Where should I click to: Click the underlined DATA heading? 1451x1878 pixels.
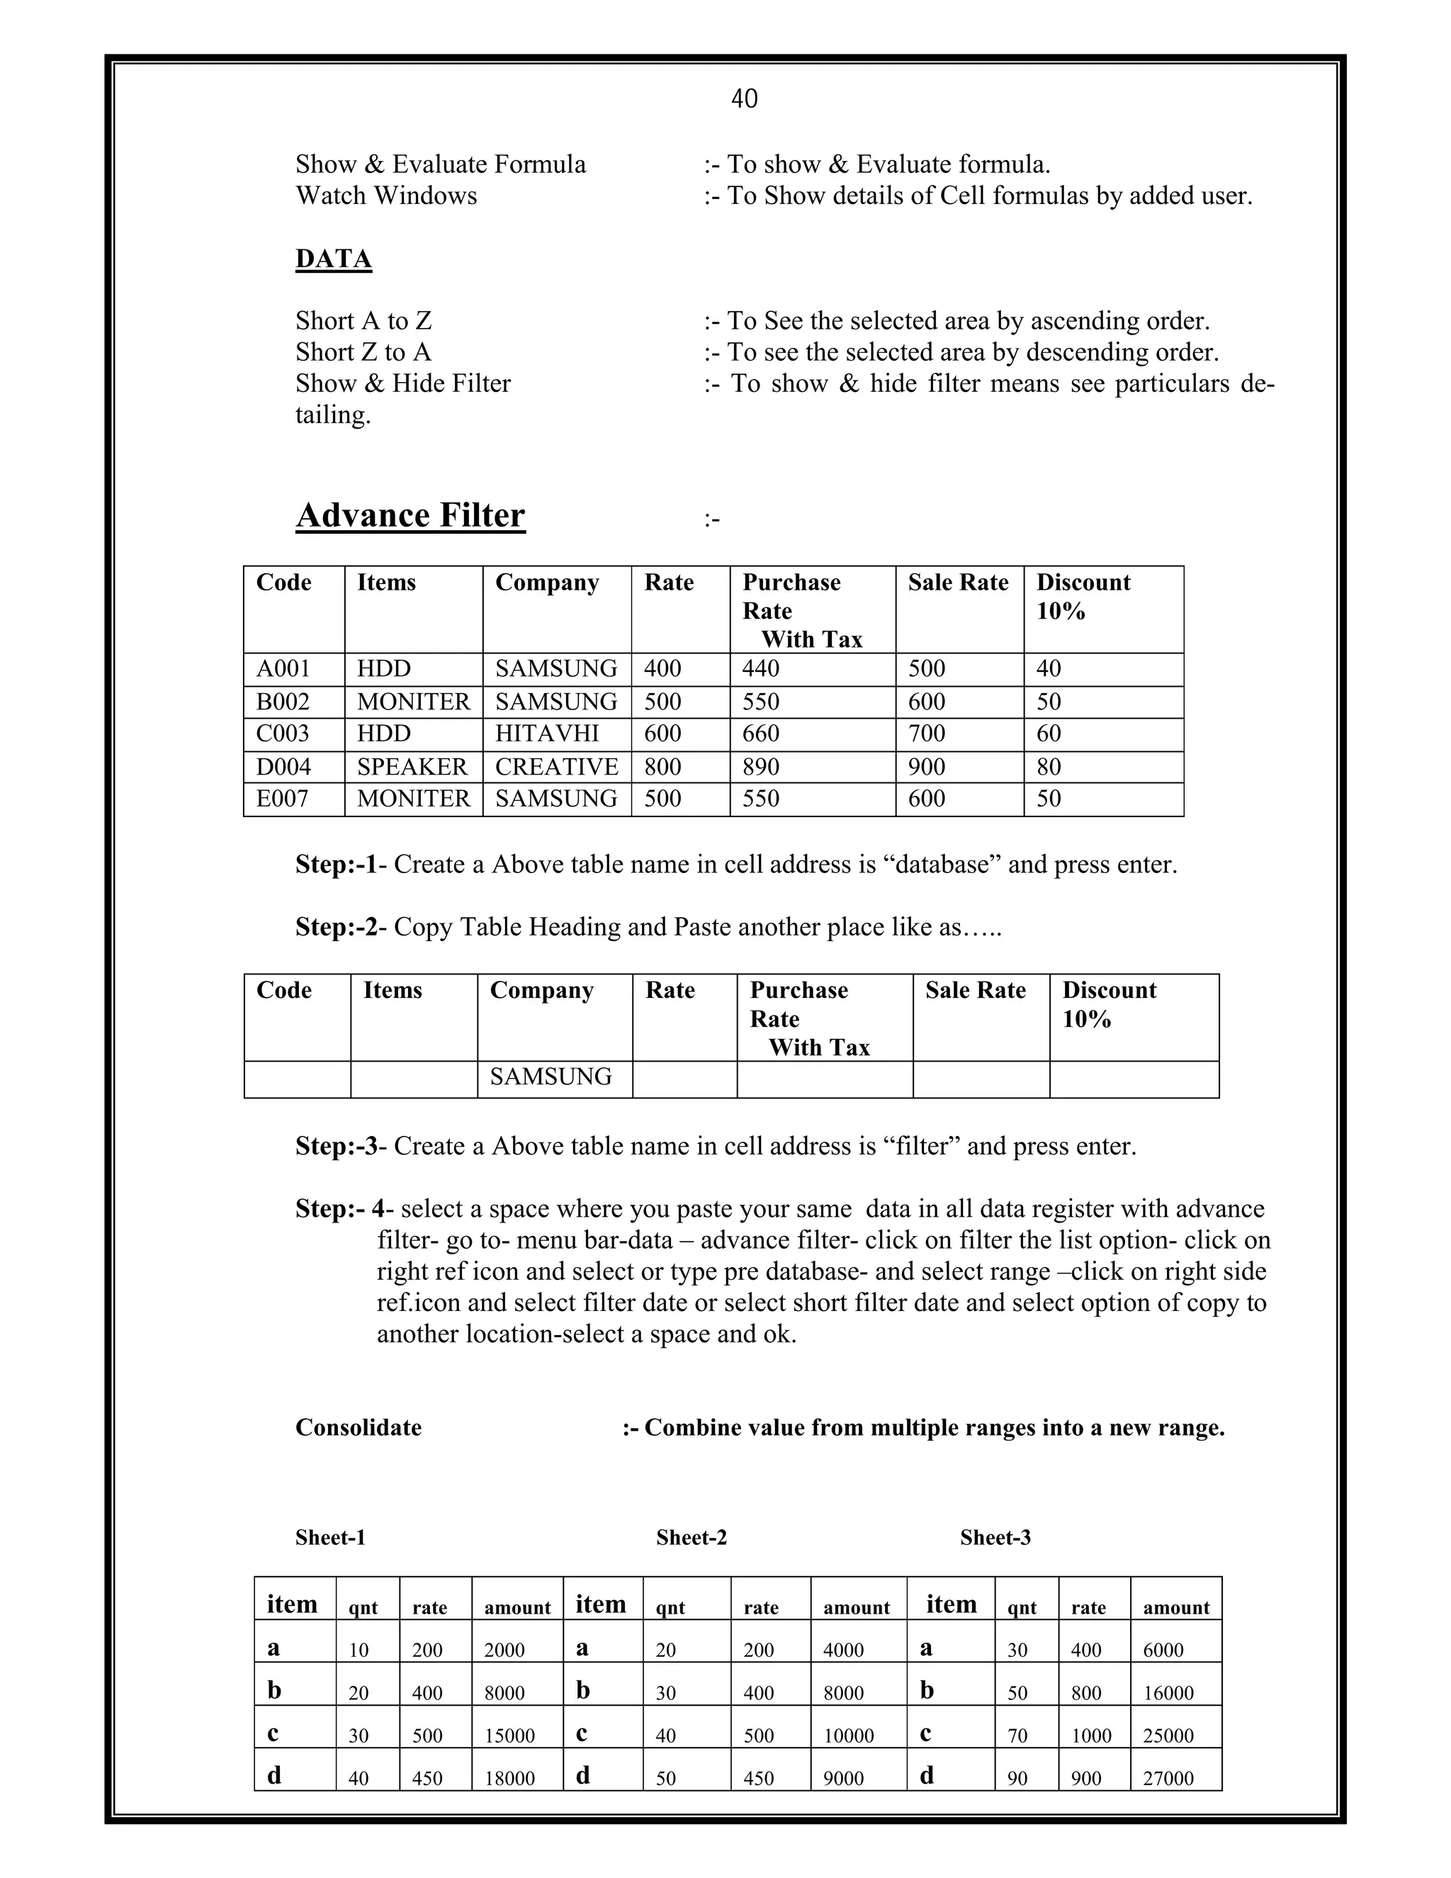[334, 259]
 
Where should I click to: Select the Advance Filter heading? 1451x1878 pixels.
[410, 515]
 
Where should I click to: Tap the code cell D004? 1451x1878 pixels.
[283, 766]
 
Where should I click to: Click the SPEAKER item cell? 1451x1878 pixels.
[412, 766]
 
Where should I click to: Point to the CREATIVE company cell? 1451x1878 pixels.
[556, 766]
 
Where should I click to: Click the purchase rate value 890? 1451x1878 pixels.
[761, 766]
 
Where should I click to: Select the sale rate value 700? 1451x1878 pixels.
[927, 733]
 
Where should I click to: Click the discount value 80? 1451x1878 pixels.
[1049, 766]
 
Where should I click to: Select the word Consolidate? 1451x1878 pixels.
[358, 1427]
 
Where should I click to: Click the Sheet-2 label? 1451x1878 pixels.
[691, 1538]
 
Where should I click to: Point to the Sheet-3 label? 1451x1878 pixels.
[995, 1538]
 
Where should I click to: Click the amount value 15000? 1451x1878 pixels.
[509, 1736]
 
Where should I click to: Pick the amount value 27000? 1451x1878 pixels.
[1168, 1779]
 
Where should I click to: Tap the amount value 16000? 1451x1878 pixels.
[1168, 1693]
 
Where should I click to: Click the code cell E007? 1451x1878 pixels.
[282, 799]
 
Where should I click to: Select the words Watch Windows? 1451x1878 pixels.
[386, 196]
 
